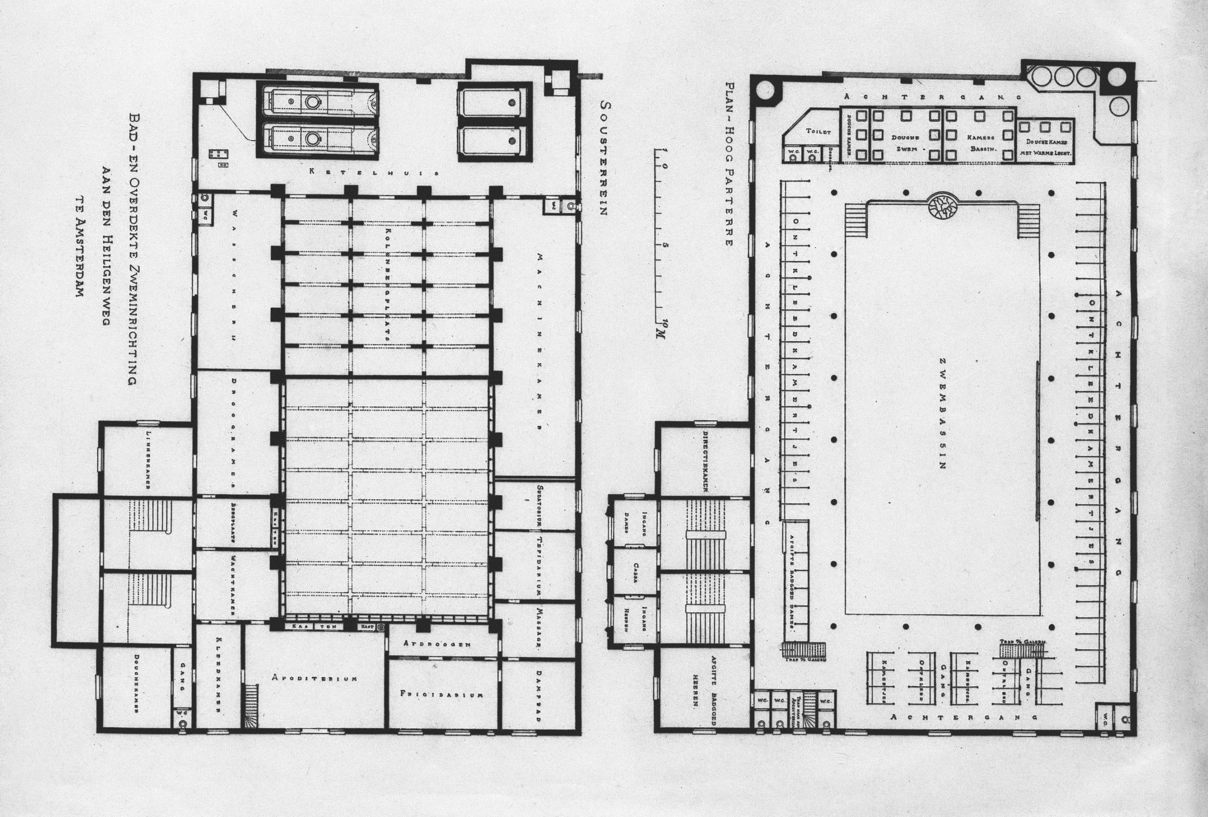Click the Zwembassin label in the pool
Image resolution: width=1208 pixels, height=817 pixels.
(941, 413)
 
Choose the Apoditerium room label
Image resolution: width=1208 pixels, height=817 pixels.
(314, 678)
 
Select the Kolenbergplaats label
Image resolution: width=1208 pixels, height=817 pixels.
(387, 284)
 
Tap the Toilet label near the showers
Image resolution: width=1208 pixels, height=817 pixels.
(818, 132)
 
